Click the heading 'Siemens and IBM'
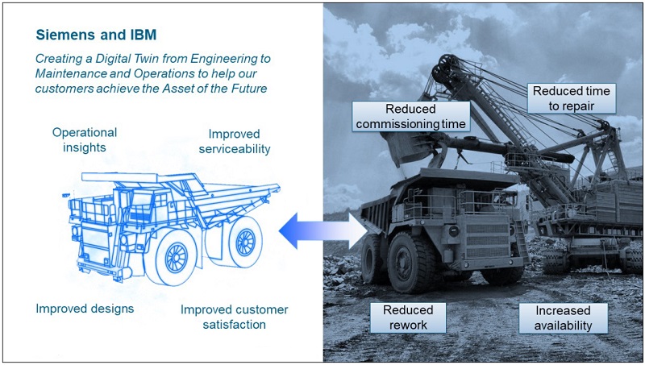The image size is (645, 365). click(x=96, y=35)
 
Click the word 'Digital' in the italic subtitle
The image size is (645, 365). click(x=111, y=58)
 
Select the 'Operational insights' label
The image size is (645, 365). click(x=85, y=139)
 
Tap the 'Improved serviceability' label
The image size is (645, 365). click(x=235, y=141)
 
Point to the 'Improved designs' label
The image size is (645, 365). click(x=85, y=309)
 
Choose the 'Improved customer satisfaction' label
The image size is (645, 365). click(x=234, y=317)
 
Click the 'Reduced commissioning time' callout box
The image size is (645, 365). click(x=411, y=116)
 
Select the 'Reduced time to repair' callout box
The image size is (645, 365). click(x=572, y=98)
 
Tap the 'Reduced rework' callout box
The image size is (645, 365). click(x=408, y=317)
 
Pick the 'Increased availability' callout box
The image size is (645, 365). click(x=563, y=317)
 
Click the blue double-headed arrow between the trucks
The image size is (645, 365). click(x=323, y=230)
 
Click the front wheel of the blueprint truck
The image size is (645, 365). click(x=176, y=258)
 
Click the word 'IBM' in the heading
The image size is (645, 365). click(x=144, y=35)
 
